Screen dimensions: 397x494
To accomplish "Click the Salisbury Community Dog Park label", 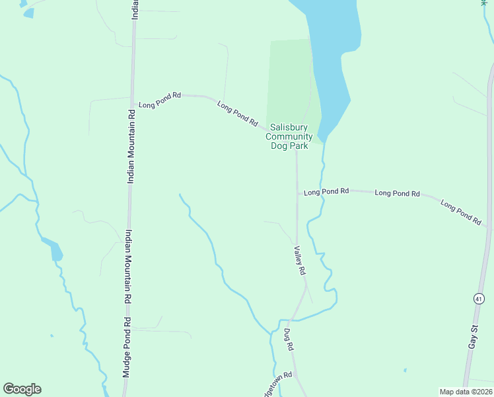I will [289, 136].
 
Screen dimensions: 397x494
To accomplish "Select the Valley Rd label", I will [300, 261].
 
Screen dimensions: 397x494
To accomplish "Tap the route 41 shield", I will [477, 299].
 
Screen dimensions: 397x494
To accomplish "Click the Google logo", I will [22, 389].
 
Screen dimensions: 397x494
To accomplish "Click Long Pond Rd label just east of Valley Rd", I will [326, 192].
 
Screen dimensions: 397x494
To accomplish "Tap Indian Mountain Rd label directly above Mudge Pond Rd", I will [127, 266].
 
